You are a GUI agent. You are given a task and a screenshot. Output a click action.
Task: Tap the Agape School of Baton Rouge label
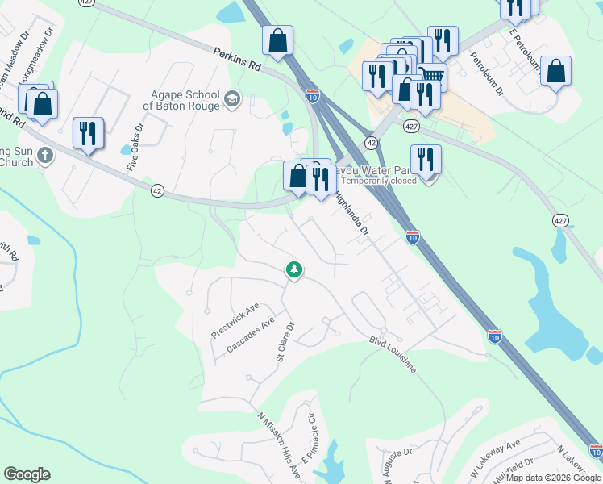point(186,100)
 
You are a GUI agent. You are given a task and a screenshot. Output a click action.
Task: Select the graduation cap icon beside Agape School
point(232,99)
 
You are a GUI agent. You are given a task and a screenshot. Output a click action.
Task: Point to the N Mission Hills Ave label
point(279,445)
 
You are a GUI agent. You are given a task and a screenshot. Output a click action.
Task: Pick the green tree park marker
point(294,269)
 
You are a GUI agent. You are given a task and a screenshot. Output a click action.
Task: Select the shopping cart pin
point(432,77)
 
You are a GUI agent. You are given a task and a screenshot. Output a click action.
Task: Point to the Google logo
point(27,474)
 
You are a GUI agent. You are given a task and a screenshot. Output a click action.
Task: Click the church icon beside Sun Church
point(44,156)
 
